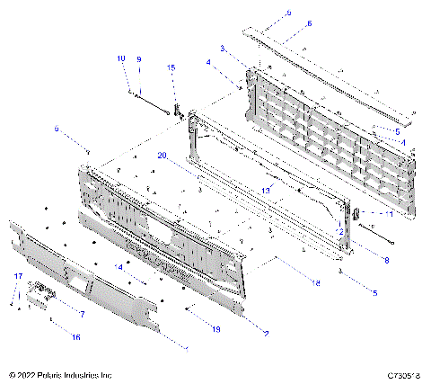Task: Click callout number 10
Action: pyautogui.click(x=121, y=58)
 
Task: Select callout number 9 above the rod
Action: pyautogui.click(x=139, y=59)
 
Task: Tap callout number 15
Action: pyautogui.click(x=171, y=67)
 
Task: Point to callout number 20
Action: pyautogui.click(x=162, y=155)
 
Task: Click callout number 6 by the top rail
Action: pyautogui.click(x=284, y=24)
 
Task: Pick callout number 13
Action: pyautogui.click(x=266, y=191)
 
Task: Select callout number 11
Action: pyautogui.click(x=390, y=215)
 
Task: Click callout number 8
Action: pyautogui.click(x=386, y=260)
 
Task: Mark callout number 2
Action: pyautogui.click(x=266, y=333)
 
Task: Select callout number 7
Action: pyautogui.click(x=82, y=314)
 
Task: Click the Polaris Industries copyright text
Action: pyautogui.click(x=59, y=374)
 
